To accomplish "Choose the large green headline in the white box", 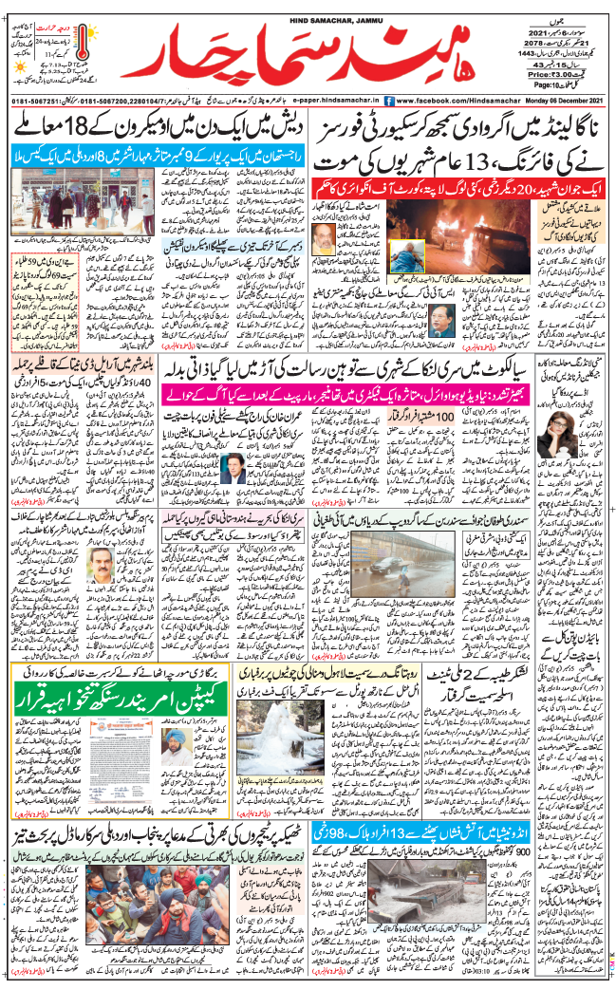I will [x=114, y=678].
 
